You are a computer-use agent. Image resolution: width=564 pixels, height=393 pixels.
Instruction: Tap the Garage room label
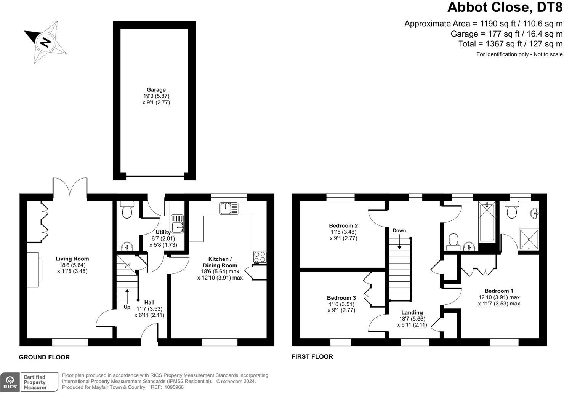pyautogui.click(x=156, y=90)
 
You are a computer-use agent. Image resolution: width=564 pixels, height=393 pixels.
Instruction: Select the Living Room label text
pyautogui.click(x=72, y=259)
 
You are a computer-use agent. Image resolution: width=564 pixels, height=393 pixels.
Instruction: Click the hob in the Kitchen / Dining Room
pyautogui.click(x=260, y=257)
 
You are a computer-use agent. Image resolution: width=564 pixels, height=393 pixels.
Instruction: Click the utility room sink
pyautogui.click(x=178, y=224)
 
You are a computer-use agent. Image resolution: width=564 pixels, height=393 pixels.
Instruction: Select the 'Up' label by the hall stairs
pyautogui.click(x=127, y=307)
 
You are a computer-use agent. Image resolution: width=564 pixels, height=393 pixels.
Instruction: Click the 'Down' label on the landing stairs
pyautogui.click(x=399, y=230)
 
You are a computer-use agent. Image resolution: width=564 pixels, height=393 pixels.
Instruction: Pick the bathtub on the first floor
pyautogui.click(x=487, y=222)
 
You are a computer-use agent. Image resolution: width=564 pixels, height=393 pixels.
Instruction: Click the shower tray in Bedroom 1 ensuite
pyautogui.click(x=529, y=239)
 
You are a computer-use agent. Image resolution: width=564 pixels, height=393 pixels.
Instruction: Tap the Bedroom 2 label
pyautogui.click(x=343, y=225)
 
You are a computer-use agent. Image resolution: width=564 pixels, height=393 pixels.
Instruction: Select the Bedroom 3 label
pyautogui.click(x=341, y=298)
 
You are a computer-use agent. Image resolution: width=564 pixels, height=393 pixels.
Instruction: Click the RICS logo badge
pyautogui.click(x=10, y=382)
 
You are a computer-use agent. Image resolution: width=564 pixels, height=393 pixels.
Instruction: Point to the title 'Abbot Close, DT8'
pyautogui.click(x=505, y=7)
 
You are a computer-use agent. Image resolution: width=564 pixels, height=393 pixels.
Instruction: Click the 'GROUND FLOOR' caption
pyautogui.click(x=44, y=357)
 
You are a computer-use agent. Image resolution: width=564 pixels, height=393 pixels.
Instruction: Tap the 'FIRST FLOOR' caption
pyautogui.click(x=312, y=356)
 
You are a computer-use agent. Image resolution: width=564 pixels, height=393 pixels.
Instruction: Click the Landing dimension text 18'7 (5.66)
pyautogui.click(x=412, y=319)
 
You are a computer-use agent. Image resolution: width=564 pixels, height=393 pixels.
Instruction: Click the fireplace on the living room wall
pyautogui.click(x=34, y=269)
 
